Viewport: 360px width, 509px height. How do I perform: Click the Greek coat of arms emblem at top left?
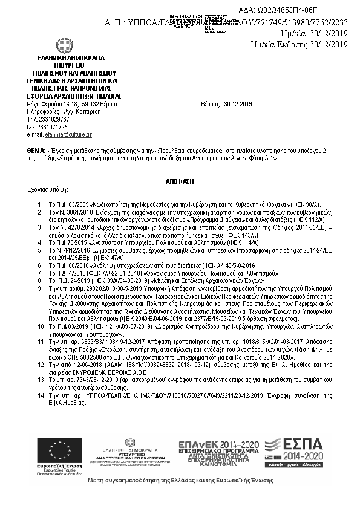(64, 46)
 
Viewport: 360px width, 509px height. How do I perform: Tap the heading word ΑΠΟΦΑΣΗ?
(180, 181)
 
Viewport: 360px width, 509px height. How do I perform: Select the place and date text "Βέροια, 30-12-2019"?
(226, 105)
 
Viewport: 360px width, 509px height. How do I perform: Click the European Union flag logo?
(59, 450)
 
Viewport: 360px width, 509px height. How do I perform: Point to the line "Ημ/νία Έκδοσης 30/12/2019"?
(299, 44)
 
